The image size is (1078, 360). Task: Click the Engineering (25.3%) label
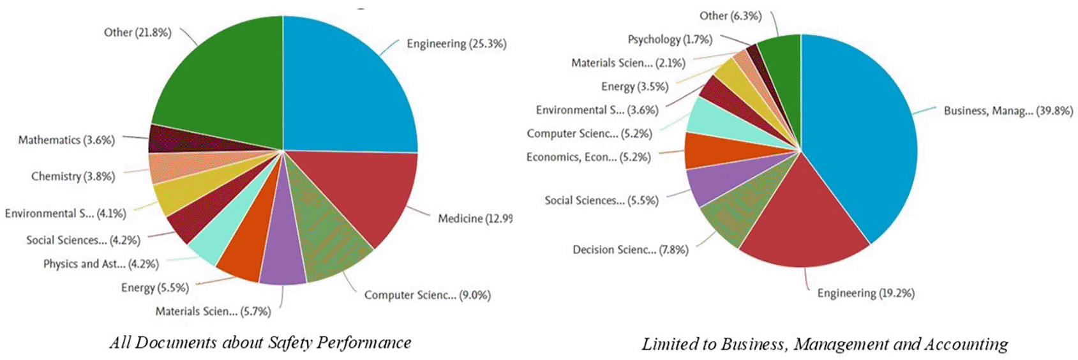tap(456, 44)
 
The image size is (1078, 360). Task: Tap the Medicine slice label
tap(474, 219)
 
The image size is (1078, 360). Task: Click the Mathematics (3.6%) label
tap(66, 140)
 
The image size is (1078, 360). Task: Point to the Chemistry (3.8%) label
tap(73, 177)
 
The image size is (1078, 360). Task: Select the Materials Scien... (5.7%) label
tap(213, 311)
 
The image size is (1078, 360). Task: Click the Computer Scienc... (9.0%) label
tap(427, 296)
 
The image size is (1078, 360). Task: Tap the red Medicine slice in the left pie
tap(364, 191)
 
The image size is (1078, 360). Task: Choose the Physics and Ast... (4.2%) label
tap(101, 264)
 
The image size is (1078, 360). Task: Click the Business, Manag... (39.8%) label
tap(1008, 111)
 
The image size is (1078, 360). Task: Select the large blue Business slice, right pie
tap(862, 140)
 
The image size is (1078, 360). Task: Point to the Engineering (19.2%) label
tap(865, 294)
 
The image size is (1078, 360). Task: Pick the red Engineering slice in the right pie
tap(804, 223)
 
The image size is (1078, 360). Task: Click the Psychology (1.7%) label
tap(670, 40)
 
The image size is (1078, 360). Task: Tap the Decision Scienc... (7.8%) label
tap(630, 250)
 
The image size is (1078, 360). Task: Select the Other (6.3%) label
tap(730, 16)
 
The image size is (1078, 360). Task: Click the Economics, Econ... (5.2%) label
tap(588, 158)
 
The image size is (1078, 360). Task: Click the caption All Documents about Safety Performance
tap(260, 343)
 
